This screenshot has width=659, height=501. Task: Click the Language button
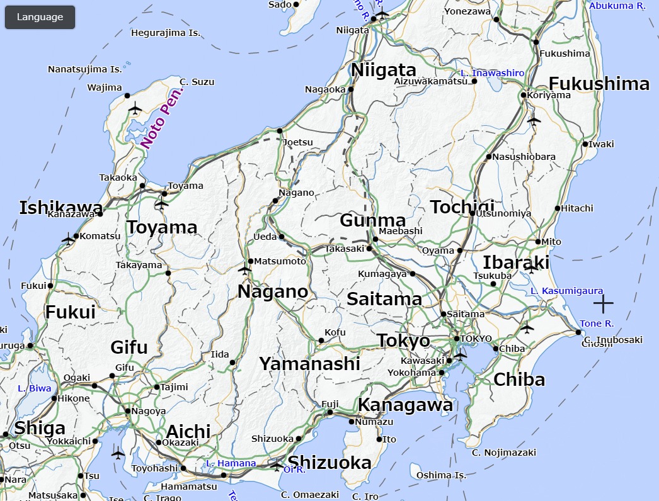pyautogui.click(x=40, y=17)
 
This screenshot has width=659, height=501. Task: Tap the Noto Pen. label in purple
pyautogui.click(x=162, y=118)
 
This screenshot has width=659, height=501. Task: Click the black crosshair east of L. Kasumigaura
pyautogui.click(x=603, y=304)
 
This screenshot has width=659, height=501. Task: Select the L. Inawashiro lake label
pyautogui.click(x=492, y=73)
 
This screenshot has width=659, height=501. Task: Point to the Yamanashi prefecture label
pyautogui.click(x=309, y=364)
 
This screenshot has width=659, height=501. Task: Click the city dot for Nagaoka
pyautogui.click(x=351, y=89)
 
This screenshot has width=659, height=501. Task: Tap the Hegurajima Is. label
pyautogui.click(x=165, y=33)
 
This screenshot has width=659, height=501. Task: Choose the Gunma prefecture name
pyautogui.click(x=372, y=220)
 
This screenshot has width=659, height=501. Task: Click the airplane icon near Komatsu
pyautogui.click(x=68, y=239)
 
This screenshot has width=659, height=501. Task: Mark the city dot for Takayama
pyautogui.click(x=168, y=273)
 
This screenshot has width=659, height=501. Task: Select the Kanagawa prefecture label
pyautogui.click(x=405, y=405)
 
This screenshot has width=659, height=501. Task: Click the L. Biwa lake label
pyautogui.click(x=35, y=388)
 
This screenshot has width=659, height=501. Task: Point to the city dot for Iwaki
pyautogui.click(x=585, y=144)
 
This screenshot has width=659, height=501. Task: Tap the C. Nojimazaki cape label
pyautogui.click(x=504, y=453)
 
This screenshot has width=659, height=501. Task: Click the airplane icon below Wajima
pyautogui.click(x=135, y=109)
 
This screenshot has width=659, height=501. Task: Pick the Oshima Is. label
pyautogui.click(x=441, y=475)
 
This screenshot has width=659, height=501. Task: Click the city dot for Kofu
pyautogui.click(x=321, y=341)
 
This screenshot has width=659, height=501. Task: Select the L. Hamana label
pyautogui.click(x=231, y=463)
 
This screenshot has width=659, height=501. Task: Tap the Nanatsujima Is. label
pyautogui.click(x=85, y=69)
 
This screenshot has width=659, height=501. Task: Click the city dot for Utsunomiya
pyautogui.click(x=472, y=213)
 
